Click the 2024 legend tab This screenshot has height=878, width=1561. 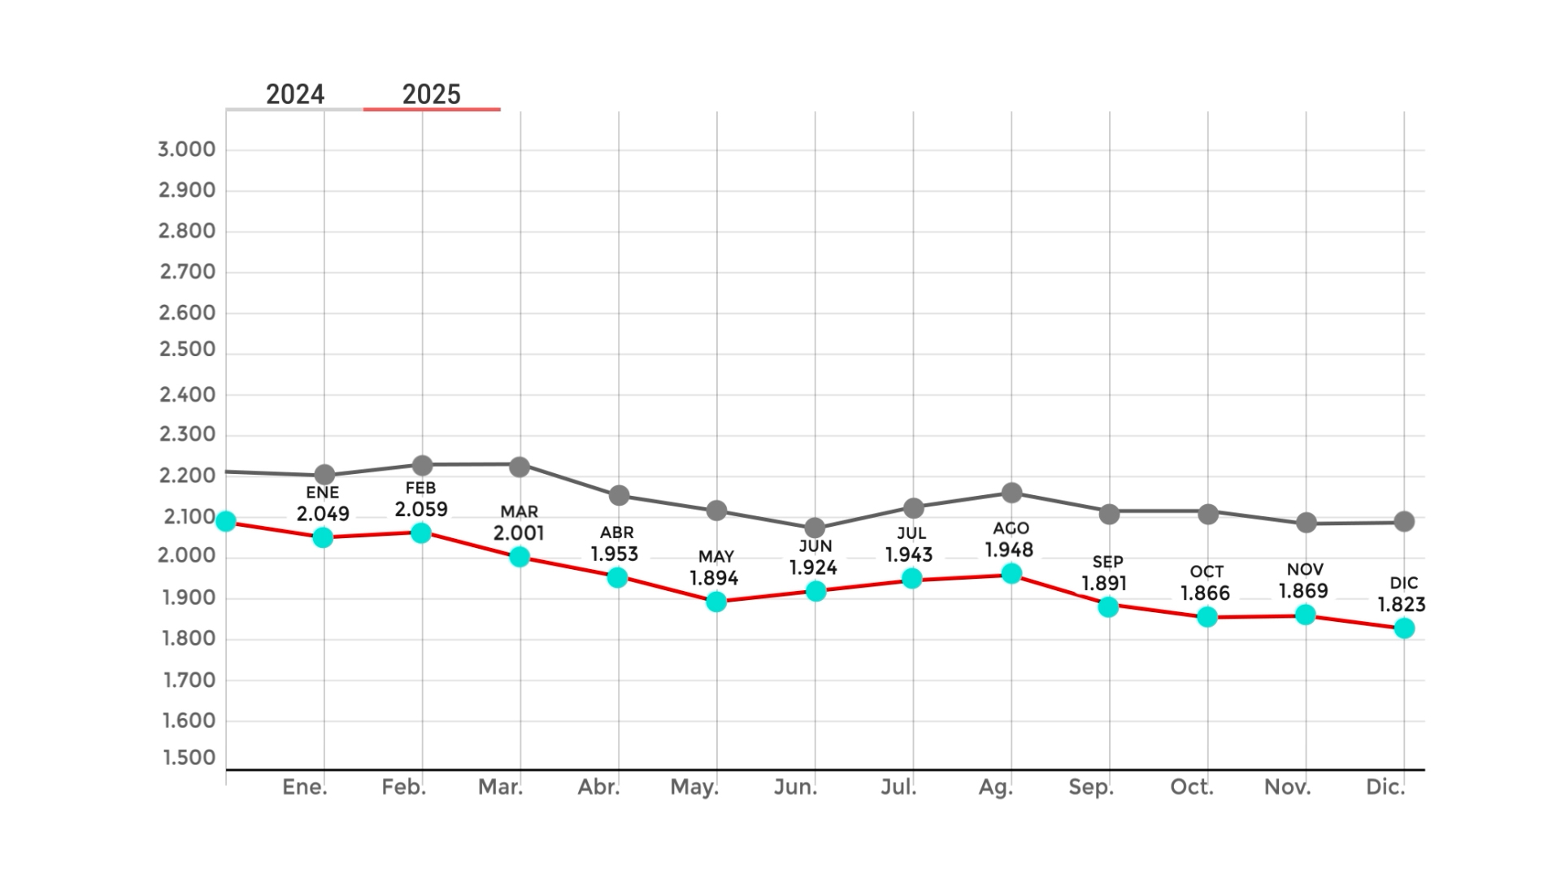295,94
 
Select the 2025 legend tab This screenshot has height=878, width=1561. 432,94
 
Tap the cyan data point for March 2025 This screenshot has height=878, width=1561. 520,557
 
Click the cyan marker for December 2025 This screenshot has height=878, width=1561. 1404,628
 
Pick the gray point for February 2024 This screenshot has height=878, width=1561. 422,466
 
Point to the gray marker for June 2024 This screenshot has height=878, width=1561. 815,528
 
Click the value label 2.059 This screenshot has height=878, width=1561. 421,510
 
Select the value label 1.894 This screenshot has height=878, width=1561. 714,579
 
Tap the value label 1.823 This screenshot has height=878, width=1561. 1402,605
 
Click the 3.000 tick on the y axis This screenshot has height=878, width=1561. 187,150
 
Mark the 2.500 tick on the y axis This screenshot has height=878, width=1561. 187,350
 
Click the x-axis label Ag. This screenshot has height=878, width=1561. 996,787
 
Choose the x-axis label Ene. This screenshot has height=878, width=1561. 305,787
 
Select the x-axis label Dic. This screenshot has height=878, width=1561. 1385,787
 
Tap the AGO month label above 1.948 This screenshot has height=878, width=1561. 1011,528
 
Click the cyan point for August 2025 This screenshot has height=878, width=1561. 1011,574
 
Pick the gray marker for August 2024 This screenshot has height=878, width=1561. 1011,493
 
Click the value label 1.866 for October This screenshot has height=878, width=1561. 1205,593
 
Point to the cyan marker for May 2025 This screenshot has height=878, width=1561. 716,602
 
